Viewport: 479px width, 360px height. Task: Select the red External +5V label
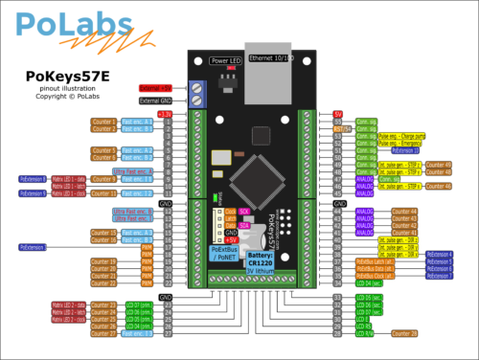pyautogui.click(x=154, y=87)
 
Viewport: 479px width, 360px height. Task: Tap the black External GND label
pyautogui.click(x=155, y=100)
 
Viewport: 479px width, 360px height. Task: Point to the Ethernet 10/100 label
pyautogui.click(x=273, y=59)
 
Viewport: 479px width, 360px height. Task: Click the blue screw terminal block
pyautogui.click(x=199, y=93)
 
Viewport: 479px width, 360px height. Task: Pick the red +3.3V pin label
pyautogui.click(x=166, y=113)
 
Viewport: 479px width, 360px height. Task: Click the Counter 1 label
pyautogui.click(x=103, y=122)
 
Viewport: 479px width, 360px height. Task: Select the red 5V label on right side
pyautogui.click(x=338, y=113)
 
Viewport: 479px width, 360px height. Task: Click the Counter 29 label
pyautogui.click(x=404, y=332)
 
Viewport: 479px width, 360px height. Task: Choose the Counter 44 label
pyautogui.click(x=405, y=211)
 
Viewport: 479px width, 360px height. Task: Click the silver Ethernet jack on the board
pyautogui.click(x=273, y=77)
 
